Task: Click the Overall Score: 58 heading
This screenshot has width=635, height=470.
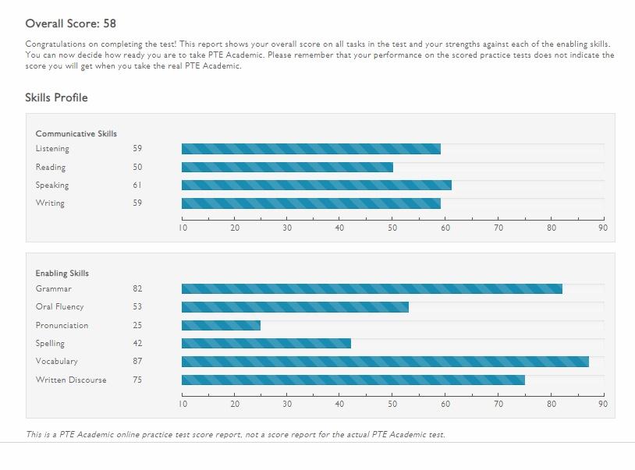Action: point(71,23)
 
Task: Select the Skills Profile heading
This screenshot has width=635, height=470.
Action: point(56,97)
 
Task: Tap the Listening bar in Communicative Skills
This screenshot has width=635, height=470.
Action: point(310,149)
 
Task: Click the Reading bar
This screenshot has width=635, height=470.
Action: point(287,167)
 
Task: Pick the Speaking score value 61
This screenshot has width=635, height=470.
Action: point(137,186)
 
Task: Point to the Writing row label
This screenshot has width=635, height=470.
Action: point(50,203)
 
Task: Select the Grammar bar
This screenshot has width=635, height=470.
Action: point(371,288)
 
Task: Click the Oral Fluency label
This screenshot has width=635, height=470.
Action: point(59,307)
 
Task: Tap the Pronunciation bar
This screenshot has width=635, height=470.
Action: point(221,325)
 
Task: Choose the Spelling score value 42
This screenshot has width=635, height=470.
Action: point(137,344)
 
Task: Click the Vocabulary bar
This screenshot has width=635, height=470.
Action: point(385,362)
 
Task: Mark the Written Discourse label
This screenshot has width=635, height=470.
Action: point(71,380)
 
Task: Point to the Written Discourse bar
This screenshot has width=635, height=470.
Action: point(353,380)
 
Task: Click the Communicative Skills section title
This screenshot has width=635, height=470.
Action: point(76,134)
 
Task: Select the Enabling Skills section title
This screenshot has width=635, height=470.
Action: point(62,274)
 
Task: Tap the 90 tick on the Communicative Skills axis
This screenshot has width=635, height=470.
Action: point(603,228)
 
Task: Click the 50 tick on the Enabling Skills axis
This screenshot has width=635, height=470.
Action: point(393,405)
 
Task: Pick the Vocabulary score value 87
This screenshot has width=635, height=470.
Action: point(137,362)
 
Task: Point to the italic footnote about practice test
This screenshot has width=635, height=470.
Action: point(236,434)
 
